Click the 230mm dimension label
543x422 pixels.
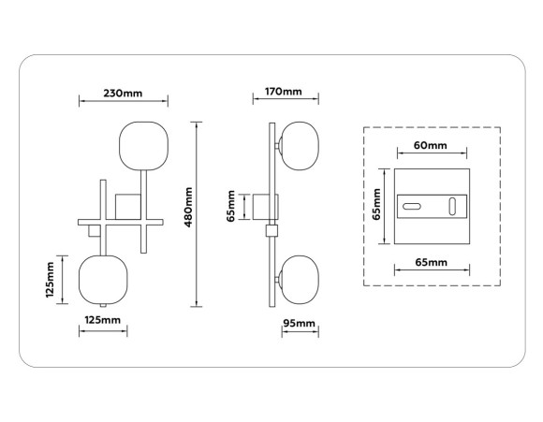[x=123, y=94]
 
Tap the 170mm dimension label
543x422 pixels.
[x=284, y=92]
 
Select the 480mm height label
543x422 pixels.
[x=188, y=207]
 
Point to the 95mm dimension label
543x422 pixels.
[x=300, y=323]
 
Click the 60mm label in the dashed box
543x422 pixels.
[x=431, y=145]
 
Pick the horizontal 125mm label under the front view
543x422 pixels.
[x=102, y=320]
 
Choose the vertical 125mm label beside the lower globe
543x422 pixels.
[x=51, y=280]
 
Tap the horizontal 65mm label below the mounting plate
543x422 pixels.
[x=432, y=262]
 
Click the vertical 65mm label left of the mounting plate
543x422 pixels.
[x=376, y=204]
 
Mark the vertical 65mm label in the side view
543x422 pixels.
[x=231, y=206]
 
